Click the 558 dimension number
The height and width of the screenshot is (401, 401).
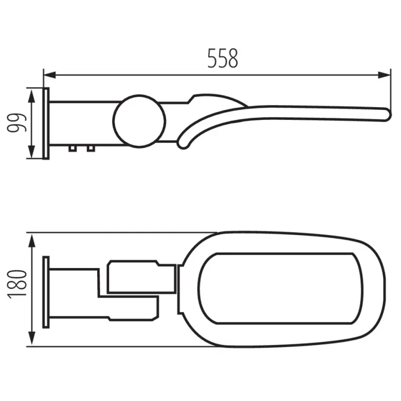click(x=223, y=58)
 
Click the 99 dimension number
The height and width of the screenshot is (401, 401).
click(x=17, y=123)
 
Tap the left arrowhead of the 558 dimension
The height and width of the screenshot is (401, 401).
click(x=50, y=75)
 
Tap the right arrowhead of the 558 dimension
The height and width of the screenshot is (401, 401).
click(x=384, y=75)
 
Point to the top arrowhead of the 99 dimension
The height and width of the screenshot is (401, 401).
click(x=31, y=95)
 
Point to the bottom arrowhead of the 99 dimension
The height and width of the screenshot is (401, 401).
click(x=31, y=152)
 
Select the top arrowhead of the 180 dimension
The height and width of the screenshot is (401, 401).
click(x=32, y=241)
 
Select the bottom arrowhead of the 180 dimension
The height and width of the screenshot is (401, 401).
click(x=32, y=339)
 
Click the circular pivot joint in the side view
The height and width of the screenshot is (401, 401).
click(x=139, y=121)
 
